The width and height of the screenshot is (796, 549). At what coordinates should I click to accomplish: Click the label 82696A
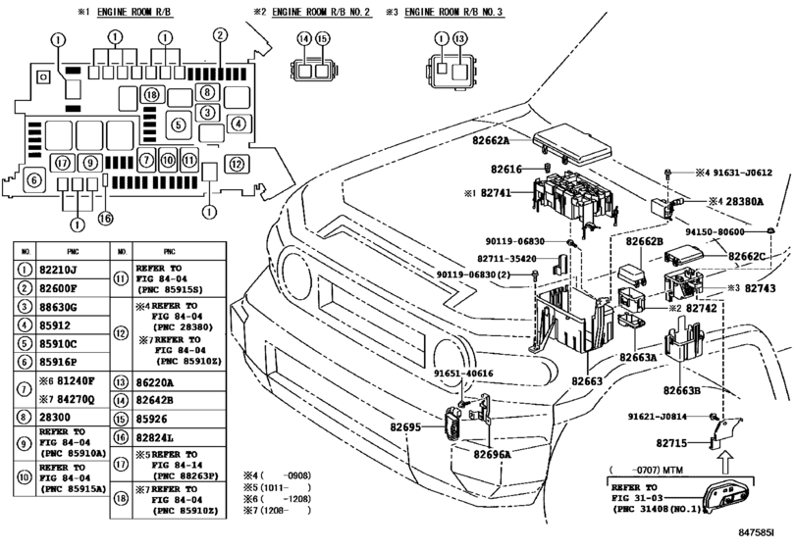(494, 455)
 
